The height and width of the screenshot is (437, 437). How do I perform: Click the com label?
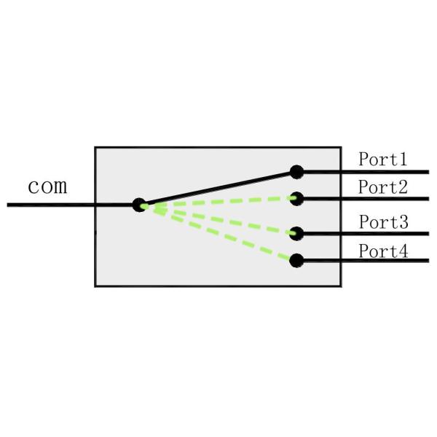(x=47, y=186)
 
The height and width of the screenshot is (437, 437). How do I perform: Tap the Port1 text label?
(x=382, y=159)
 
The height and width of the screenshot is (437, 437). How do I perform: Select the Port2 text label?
(x=382, y=186)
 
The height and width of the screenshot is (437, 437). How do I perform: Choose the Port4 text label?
(x=382, y=252)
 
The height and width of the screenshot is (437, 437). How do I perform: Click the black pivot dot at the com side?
(x=140, y=205)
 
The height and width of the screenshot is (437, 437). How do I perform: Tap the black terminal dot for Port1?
(x=296, y=172)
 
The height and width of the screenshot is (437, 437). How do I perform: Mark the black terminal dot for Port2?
(x=296, y=197)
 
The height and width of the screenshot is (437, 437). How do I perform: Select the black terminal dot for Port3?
(x=296, y=234)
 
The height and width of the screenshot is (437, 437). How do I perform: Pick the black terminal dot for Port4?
(x=296, y=260)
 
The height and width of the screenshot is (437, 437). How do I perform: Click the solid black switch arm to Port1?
(x=219, y=189)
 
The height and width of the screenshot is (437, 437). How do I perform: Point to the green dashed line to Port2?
(x=219, y=202)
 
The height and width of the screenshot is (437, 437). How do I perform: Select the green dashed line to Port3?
(x=219, y=219)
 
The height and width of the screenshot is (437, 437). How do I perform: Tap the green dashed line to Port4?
(x=219, y=232)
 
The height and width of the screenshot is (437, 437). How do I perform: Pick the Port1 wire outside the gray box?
(x=386, y=173)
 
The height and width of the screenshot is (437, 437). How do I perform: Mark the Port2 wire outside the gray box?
(x=386, y=198)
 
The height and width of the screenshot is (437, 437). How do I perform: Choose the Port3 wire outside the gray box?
(x=386, y=234)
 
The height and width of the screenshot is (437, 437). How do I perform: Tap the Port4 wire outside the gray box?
(x=386, y=260)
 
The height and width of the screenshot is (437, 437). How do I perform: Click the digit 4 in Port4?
(x=403, y=252)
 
